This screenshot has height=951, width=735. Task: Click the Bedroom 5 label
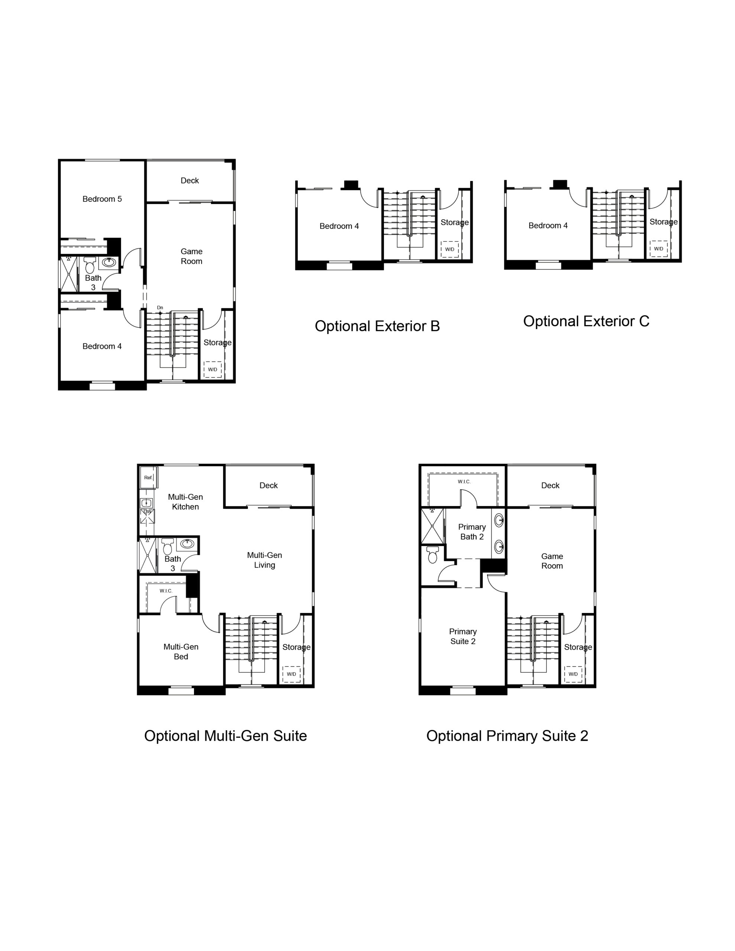point(102,199)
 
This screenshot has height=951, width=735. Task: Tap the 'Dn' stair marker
point(160,308)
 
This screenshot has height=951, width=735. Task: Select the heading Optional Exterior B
point(377,326)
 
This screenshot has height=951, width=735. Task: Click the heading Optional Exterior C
point(586,321)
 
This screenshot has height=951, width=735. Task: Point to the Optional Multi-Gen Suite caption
point(226,736)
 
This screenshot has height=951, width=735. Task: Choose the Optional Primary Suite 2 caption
point(507,736)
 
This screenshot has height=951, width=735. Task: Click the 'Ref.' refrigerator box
point(148,478)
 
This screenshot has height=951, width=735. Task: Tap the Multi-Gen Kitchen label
point(185,502)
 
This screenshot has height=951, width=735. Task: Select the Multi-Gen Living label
point(265,560)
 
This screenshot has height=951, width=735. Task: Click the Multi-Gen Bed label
point(181,652)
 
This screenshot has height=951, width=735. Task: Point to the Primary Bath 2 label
point(472,532)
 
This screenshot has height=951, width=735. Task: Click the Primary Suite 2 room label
point(463,636)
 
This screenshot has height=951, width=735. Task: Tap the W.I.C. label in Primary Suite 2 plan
point(464,481)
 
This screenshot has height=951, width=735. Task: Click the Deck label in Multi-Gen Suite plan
point(268,486)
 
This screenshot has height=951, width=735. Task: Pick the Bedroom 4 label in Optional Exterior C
point(548,225)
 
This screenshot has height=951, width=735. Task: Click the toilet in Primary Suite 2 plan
point(433,555)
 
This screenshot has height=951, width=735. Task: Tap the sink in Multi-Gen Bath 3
point(187,543)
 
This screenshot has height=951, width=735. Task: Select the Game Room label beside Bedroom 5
point(192,256)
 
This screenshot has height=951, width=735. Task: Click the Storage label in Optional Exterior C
point(664,222)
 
